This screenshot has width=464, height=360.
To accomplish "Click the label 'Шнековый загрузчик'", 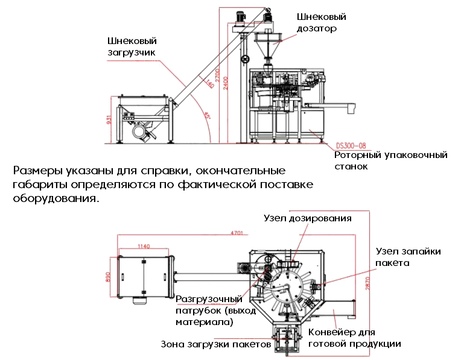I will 132,46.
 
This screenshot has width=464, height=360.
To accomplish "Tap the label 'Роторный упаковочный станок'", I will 391,160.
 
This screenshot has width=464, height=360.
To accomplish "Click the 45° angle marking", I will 206,115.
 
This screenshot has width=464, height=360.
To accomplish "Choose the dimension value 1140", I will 144,246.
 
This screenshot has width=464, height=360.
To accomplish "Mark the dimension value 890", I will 109,276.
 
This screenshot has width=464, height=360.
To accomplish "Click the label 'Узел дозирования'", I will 307,217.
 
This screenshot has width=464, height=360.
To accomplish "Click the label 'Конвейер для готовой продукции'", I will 354,338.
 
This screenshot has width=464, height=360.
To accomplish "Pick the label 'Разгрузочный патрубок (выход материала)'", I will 209,311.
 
